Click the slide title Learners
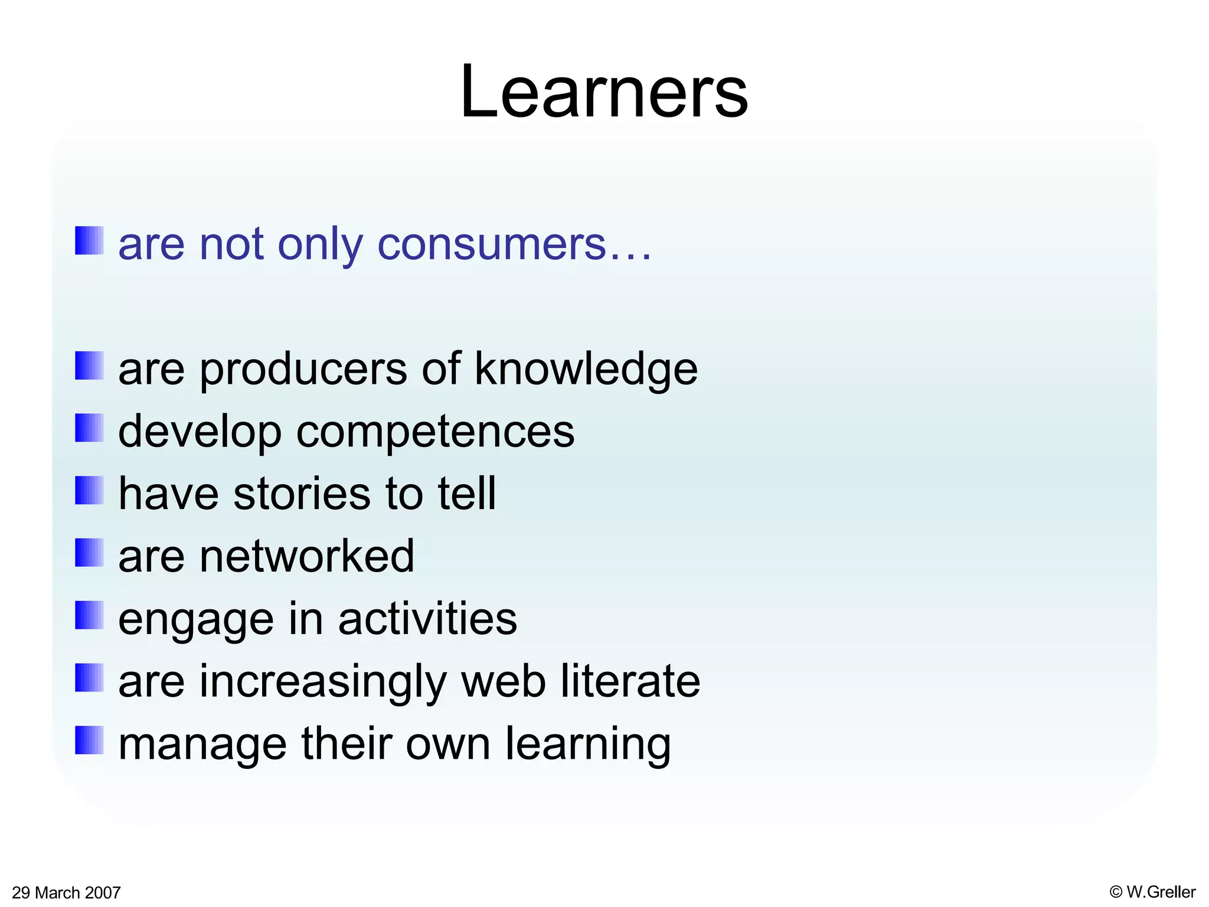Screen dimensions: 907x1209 pyautogui.click(x=604, y=93)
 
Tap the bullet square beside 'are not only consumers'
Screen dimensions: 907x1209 pyautogui.click(x=89, y=240)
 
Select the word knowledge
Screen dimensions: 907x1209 pyautogui.click(x=586, y=369)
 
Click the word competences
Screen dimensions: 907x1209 pyautogui.click(x=435, y=432)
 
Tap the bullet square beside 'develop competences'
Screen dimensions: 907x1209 pyautogui.click(x=89, y=428)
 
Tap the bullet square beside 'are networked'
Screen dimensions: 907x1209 pyautogui.click(x=89, y=552)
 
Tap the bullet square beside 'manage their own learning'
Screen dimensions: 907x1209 pyautogui.click(x=89, y=740)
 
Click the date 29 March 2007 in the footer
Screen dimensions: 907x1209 pyautogui.click(x=66, y=892)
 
